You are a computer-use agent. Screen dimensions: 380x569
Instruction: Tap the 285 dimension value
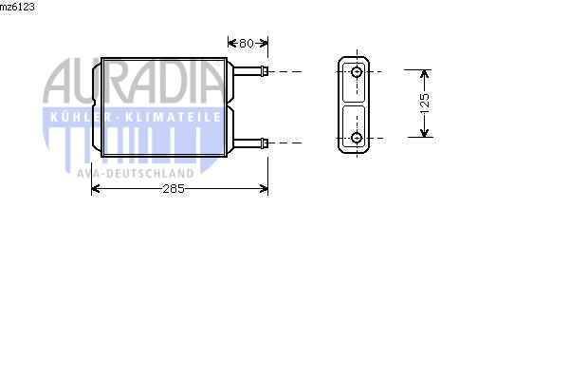click(x=172, y=189)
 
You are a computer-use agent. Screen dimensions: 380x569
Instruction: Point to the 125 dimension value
click(x=425, y=101)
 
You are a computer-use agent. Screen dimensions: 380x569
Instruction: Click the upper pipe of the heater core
click(x=246, y=71)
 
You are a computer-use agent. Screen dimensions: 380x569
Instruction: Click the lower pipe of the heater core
click(x=246, y=142)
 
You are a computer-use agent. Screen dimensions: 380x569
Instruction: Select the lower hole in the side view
click(x=357, y=140)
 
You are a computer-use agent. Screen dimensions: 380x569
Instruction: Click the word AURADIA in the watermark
click(x=132, y=81)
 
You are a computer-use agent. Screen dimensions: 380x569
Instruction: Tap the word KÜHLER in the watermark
click(x=74, y=116)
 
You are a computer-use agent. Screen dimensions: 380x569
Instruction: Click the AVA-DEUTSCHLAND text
click(x=136, y=173)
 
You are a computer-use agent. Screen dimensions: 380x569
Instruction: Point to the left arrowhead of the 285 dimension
click(x=95, y=189)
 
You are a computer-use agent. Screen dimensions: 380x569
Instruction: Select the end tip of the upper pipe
click(x=266, y=71)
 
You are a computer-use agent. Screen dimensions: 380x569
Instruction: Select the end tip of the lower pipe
click(x=266, y=142)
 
